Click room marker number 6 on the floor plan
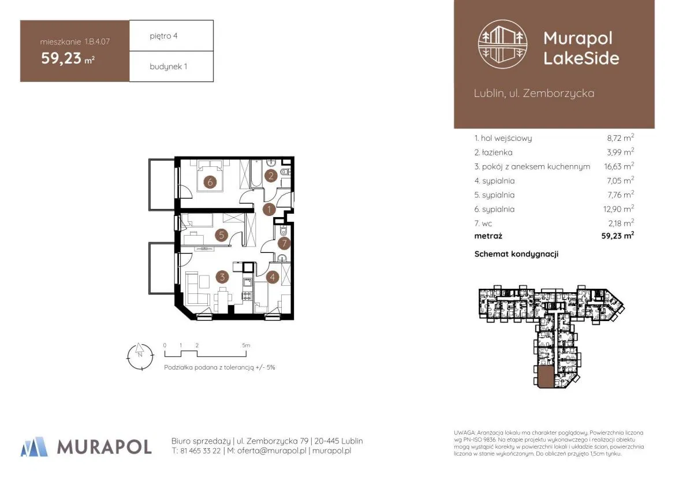tap(210, 182)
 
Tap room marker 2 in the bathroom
tap(271, 175)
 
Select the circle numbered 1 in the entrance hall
tap(269, 210)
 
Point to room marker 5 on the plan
tap(221, 234)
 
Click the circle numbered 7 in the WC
tap(284, 243)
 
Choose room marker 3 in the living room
tap(222, 277)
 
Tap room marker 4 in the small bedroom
tap(272, 277)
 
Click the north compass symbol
tap(140, 356)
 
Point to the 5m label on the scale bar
tap(246, 345)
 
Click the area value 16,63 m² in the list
tap(618, 166)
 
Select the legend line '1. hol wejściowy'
tap(503, 138)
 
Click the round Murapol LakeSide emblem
tap(503, 44)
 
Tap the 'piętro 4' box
tap(171, 36)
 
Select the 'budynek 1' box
tap(171, 67)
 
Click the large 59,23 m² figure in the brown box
tap(68, 58)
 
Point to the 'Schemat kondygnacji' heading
tap(516, 254)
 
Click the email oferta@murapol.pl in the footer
tap(271, 451)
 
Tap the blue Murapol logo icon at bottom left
tap(34, 446)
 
